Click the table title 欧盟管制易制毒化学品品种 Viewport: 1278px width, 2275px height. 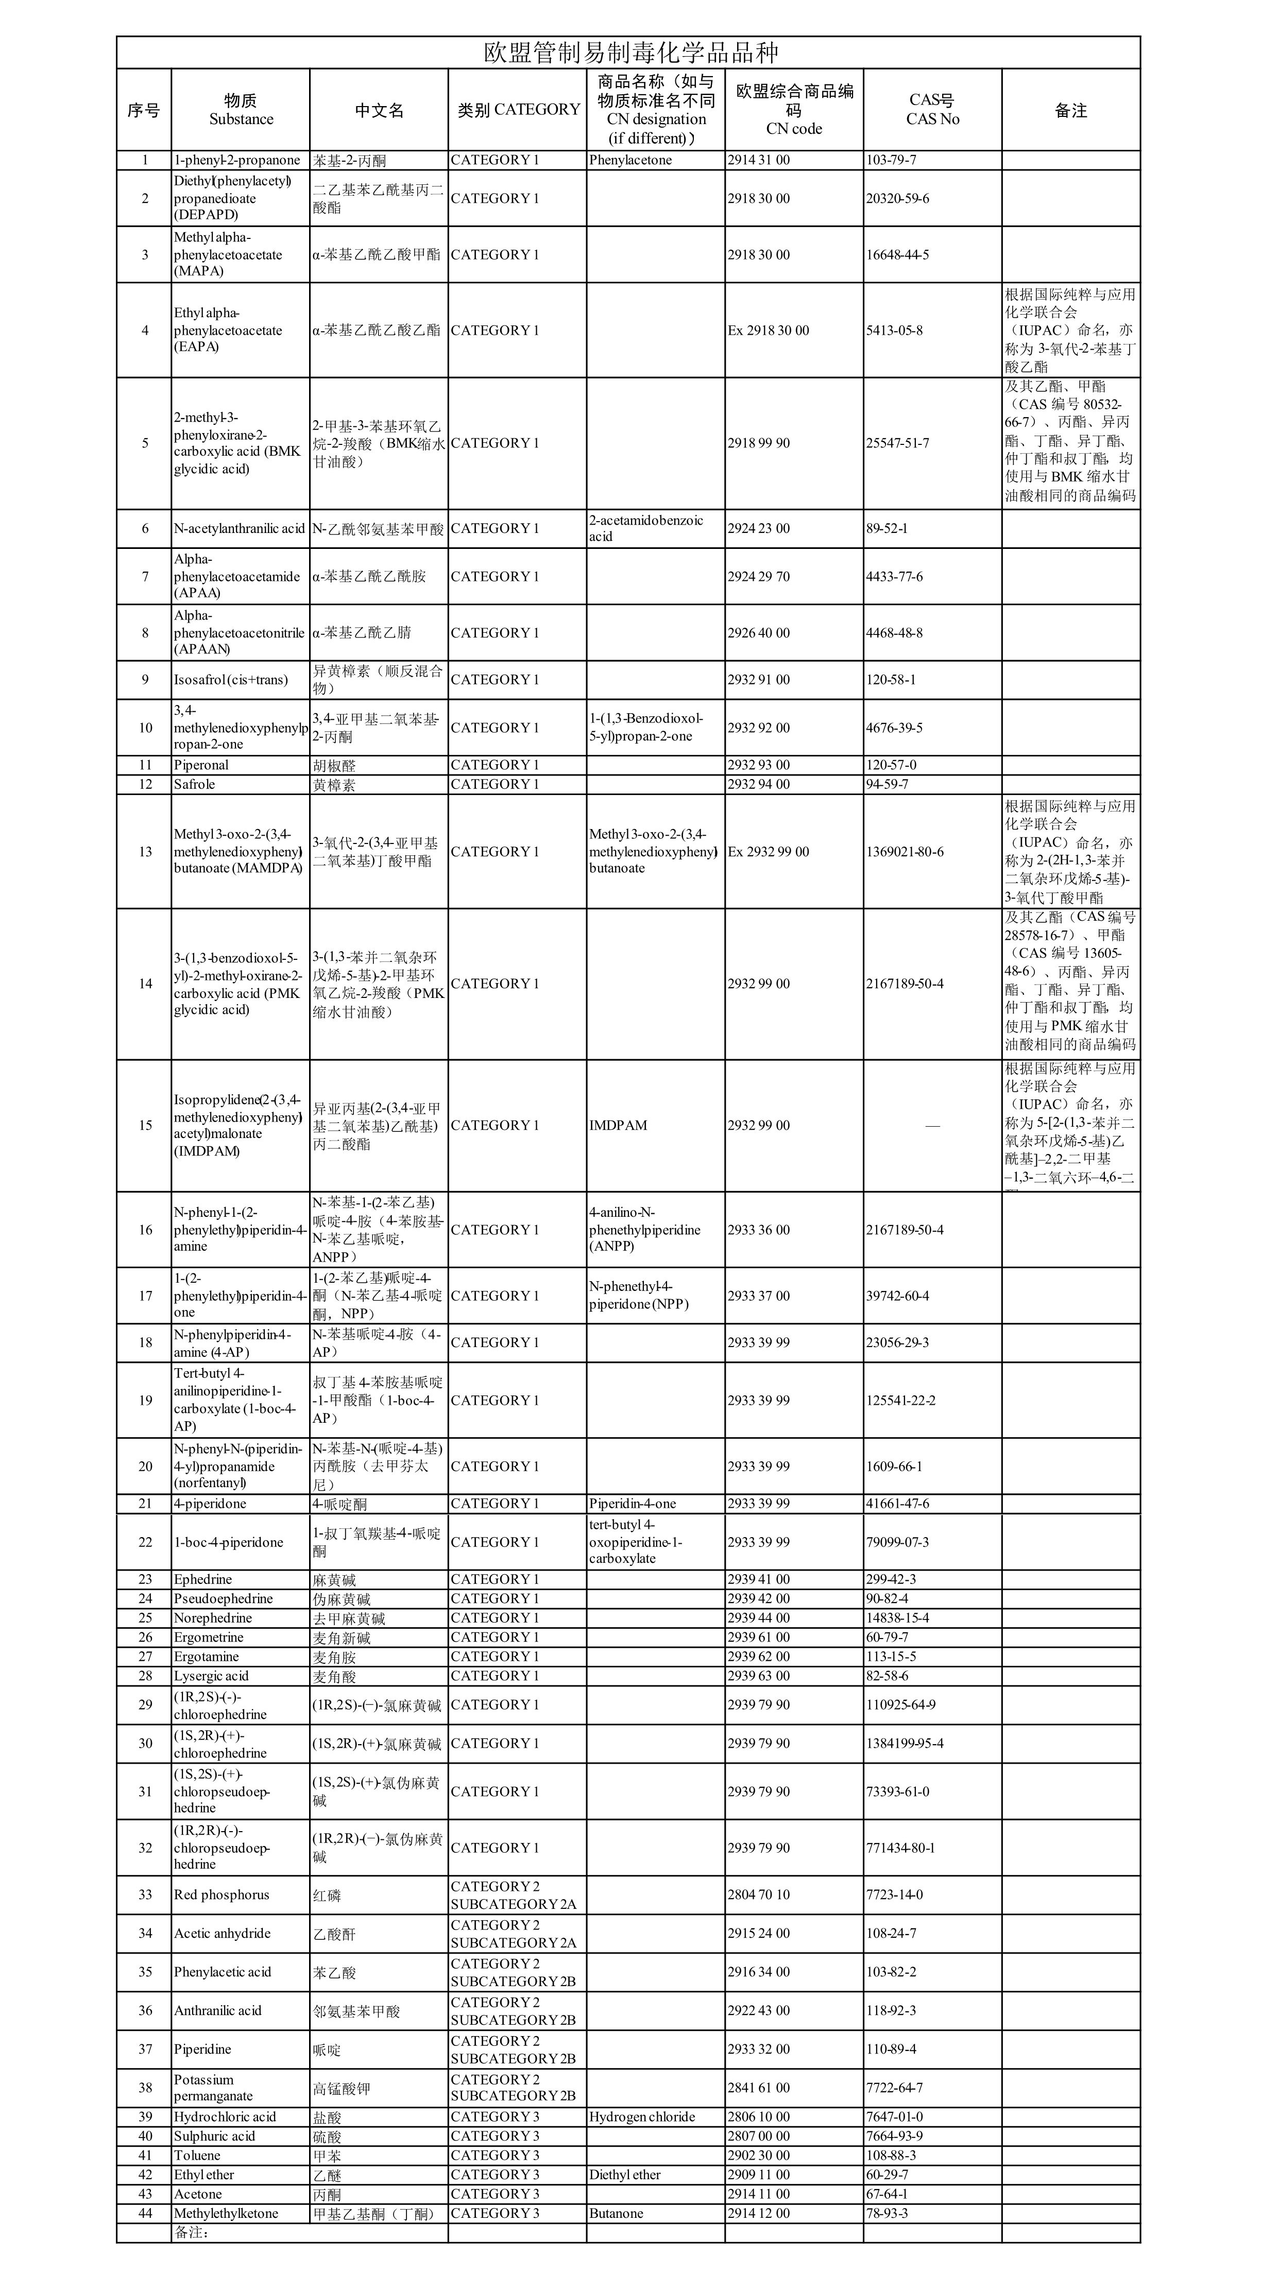coord(631,52)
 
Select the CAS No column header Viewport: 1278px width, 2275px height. coord(932,110)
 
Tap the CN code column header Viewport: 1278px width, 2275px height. coord(793,110)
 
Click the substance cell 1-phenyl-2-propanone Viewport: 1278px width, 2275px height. coord(237,160)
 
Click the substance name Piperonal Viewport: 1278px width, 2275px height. coord(201,765)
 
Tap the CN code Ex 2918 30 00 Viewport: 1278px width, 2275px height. coord(768,330)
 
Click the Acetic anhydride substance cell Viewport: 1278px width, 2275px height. coord(223,1933)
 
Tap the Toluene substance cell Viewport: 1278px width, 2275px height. coord(197,2156)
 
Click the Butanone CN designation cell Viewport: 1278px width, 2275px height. coord(616,2213)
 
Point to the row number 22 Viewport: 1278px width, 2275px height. coord(145,1542)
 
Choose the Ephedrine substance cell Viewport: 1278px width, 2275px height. coord(203,1579)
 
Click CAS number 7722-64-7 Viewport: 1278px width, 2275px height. coord(894,2088)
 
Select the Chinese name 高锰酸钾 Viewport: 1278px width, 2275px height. coord(341,2088)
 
